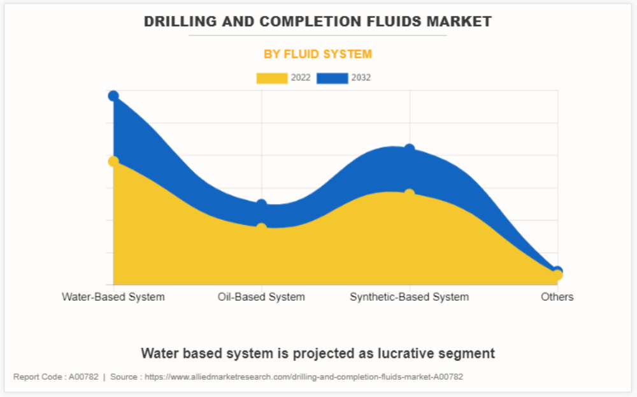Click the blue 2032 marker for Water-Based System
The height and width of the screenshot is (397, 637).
(113, 96)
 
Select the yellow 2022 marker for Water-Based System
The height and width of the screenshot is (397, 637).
(113, 161)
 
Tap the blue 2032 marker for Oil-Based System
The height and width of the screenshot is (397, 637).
(261, 205)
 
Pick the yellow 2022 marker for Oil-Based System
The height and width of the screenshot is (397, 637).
(261, 228)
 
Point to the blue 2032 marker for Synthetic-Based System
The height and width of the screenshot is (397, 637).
(410, 149)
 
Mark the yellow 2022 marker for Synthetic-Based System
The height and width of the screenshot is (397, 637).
(410, 194)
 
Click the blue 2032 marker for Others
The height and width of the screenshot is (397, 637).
(557, 270)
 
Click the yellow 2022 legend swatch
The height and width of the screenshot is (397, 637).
(272, 78)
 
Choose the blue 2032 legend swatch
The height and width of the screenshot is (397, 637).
(332, 78)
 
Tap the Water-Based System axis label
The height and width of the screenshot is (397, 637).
(113, 297)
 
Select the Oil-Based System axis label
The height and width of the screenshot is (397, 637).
(261, 297)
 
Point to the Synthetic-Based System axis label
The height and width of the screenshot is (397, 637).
(409, 297)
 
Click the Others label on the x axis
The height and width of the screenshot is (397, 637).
(557, 297)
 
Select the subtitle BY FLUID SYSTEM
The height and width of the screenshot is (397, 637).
(318, 54)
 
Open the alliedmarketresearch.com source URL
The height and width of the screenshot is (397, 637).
(304, 377)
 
